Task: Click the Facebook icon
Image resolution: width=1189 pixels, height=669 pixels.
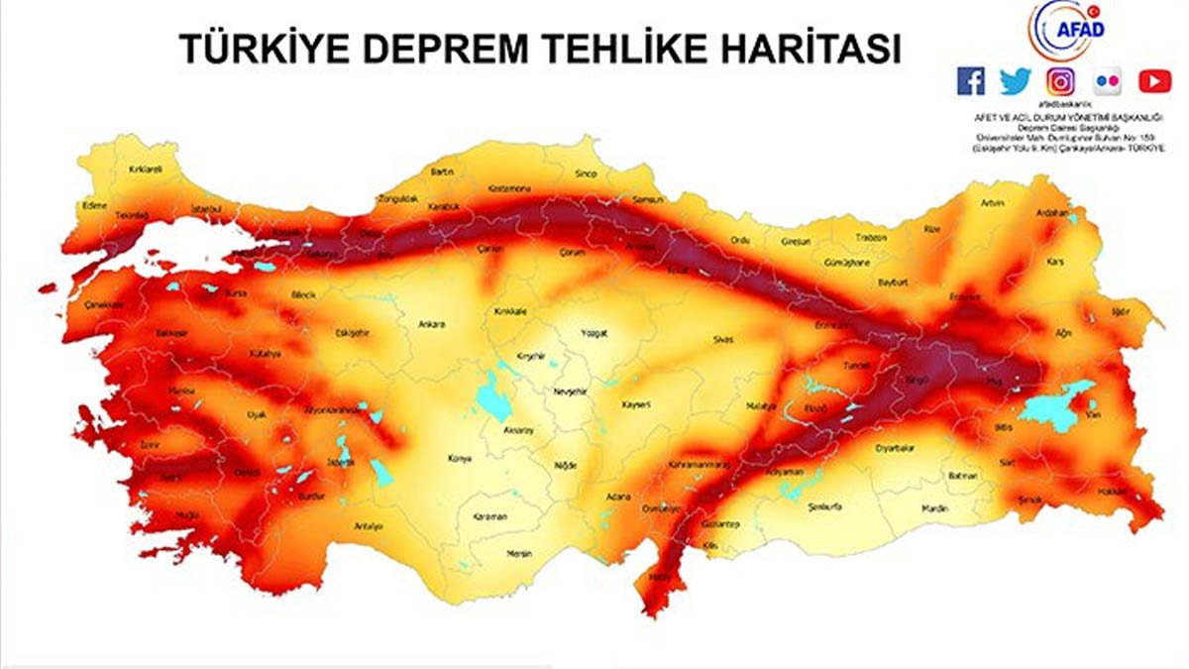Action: pos(971,81)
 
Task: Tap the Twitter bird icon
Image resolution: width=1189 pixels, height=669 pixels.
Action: pos(1016,81)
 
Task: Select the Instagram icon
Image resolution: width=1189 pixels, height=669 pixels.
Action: pos(1061,81)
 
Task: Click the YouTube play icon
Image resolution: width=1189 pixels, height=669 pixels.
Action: pos(1154,81)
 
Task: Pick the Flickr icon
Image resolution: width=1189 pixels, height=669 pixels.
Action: pos(1108,81)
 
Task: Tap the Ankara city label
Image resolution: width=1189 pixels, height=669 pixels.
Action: pos(432,324)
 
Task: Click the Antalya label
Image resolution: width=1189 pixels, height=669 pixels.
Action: pos(368,526)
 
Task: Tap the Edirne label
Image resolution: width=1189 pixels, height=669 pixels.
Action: pos(95,206)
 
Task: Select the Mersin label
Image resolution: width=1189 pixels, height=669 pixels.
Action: pos(519,553)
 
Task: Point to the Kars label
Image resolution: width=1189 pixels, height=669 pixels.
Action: pos(1055,263)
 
